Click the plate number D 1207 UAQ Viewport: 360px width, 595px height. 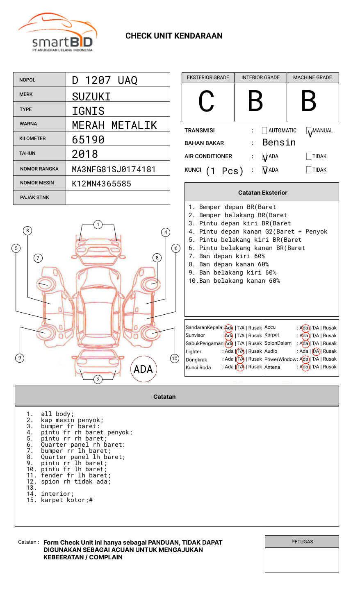pyautogui.click(x=105, y=80)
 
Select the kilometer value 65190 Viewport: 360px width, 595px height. pyautogui.click(x=88, y=140)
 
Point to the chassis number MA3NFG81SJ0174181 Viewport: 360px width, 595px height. pyautogui.click(x=114, y=169)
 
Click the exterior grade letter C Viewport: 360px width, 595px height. pyautogui.click(x=206, y=102)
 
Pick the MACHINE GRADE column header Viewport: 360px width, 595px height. pyautogui.click(x=312, y=77)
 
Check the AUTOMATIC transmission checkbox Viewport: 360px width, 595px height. pyautogui.click(x=264, y=131)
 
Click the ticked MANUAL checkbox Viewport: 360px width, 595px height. pyautogui.click(x=309, y=131)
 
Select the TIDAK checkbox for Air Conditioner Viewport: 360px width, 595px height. pyautogui.click(x=309, y=156)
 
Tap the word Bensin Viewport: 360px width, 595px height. pyautogui.click(x=279, y=143)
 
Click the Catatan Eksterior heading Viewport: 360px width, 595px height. pyautogui.click(x=262, y=193)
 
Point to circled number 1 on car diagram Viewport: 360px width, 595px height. pyautogui.click(x=98, y=224)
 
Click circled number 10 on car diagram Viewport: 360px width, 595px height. pyautogui.click(x=175, y=359)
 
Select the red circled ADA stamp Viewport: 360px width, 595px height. pyautogui.click(x=144, y=369)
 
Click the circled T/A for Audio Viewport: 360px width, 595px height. pyautogui.click(x=316, y=351)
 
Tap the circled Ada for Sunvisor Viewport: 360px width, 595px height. pyautogui.click(x=229, y=336)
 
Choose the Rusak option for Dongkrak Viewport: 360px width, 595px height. pyautogui.click(x=255, y=359)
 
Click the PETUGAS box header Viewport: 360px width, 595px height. pyautogui.click(x=302, y=542)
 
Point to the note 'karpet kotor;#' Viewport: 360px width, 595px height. pyautogui.click(x=67, y=500)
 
